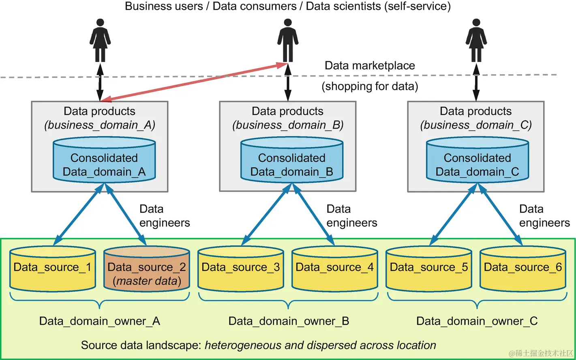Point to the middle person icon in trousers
(x=288, y=41)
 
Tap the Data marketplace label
(x=370, y=66)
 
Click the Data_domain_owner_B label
(x=289, y=321)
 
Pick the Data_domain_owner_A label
(x=100, y=321)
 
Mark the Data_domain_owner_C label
(x=477, y=321)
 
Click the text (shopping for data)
(x=370, y=86)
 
